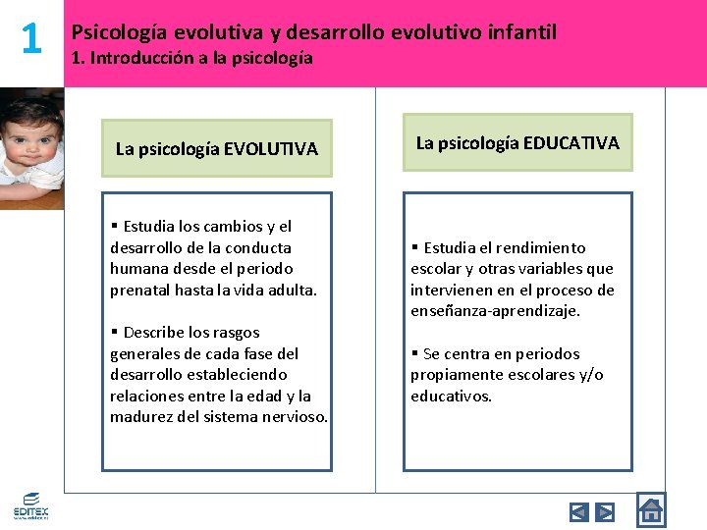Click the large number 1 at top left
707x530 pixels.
(31, 39)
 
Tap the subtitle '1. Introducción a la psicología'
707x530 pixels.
(192, 58)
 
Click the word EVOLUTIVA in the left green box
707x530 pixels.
(271, 149)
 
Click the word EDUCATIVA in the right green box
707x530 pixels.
(571, 143)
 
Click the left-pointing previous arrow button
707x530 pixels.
(579, 511)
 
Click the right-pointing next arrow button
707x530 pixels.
(605, 511)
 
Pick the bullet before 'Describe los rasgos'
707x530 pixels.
(115, 333)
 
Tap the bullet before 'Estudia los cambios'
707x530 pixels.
(115, 227)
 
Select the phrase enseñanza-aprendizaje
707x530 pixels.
(495, 311)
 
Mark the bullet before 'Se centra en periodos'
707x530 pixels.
(415, 354)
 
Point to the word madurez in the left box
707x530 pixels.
(140, 417)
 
